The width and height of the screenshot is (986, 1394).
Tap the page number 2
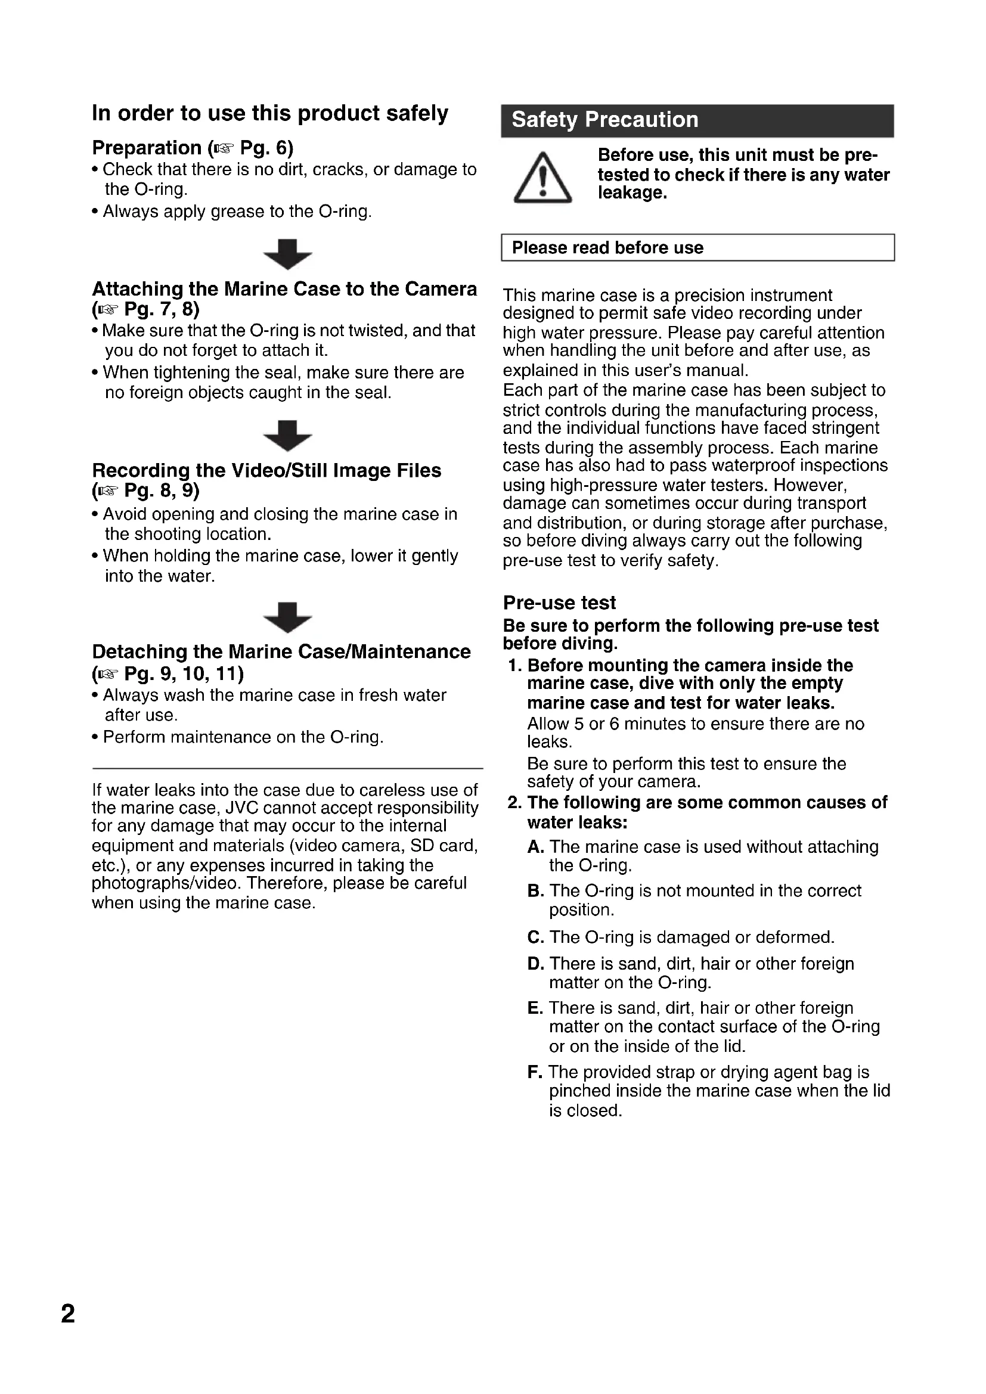click(x=68, y=1314)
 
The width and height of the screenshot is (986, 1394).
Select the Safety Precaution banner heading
click(x=604, y=120)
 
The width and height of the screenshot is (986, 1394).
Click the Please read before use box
click(x=697, y=248)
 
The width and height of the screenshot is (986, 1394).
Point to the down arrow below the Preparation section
click(x=288, y=254)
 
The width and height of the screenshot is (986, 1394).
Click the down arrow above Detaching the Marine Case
click(x=288, y=617)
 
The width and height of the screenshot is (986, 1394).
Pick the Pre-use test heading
click(x=559, y=603)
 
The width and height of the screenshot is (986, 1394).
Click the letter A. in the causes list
click(x=535, y=847)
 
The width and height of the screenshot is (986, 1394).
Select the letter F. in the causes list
click(x=534, y=1072)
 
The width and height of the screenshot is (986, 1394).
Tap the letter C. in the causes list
click(x=535, y=937)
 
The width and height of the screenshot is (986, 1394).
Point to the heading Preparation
click(x=146, y=148)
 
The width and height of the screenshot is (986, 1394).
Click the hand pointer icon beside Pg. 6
click(x=223, y=149)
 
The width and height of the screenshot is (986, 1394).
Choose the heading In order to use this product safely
click(x=270, y=114)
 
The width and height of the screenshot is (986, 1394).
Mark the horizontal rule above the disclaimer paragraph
click(x=287, y=769)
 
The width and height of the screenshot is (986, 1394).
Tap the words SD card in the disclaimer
click(x=444, y=846)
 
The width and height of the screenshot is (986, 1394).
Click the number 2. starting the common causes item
click(x=515, y=803)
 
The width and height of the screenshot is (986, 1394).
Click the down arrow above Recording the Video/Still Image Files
click(x=288, y=435)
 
